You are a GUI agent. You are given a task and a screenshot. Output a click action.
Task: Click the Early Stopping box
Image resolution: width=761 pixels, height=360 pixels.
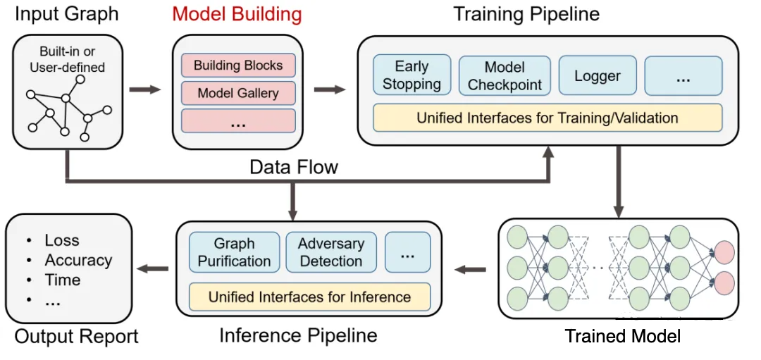coord(412,75)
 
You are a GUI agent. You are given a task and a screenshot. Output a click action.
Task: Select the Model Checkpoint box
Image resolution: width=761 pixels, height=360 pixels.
coord(505,75)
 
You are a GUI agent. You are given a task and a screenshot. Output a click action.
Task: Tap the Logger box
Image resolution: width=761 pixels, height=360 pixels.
coord(598,75)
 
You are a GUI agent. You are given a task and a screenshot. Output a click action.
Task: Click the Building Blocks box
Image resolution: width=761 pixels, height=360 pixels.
coord(238,66)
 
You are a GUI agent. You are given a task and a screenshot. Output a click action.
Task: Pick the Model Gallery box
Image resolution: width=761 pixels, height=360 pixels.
coord(238,93)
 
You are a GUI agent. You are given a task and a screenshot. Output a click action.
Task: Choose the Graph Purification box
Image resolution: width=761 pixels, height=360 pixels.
coord(234,252)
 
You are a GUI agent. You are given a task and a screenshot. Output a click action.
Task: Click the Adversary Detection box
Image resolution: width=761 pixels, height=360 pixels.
coord(330,252)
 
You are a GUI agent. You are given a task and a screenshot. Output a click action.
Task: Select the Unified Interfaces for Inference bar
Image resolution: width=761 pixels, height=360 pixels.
coord(309,297)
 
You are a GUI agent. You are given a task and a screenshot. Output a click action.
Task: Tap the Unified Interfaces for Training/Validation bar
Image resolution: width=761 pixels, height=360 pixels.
coord(547,118)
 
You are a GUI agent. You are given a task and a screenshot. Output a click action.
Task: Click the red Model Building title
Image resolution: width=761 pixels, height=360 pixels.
coord(237,14)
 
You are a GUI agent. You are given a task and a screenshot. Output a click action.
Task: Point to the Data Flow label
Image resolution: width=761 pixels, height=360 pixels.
coord(294,167)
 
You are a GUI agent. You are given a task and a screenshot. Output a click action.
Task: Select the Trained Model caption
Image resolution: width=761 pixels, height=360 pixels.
coord(622,336)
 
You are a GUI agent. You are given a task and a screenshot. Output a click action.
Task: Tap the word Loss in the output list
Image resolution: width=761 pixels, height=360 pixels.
coord(62,240)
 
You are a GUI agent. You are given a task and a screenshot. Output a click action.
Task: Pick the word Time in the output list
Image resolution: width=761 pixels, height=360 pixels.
coord(63,280)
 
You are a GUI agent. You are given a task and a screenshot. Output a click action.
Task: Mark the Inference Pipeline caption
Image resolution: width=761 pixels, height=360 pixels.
coord(298,335)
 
